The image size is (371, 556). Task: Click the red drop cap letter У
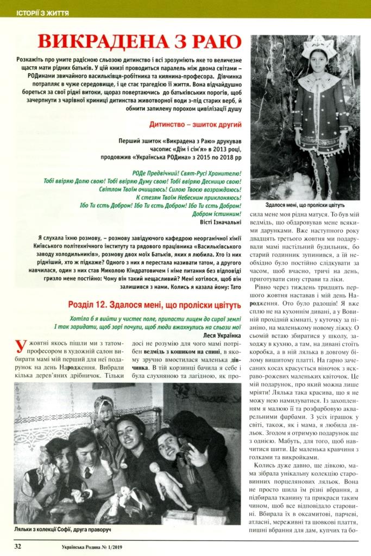pyautogui.click(x=20, y=348)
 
